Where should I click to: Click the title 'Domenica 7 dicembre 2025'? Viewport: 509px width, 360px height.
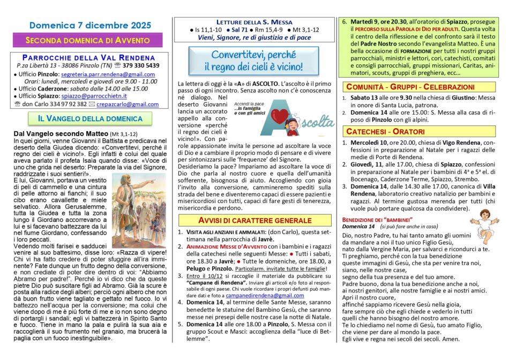coord(87,25)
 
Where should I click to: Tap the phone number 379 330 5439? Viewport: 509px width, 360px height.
coord(140,65)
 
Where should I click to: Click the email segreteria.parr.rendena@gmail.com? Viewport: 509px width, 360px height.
coord(108,74)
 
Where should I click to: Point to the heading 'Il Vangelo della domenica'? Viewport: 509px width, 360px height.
coord(86,118)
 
